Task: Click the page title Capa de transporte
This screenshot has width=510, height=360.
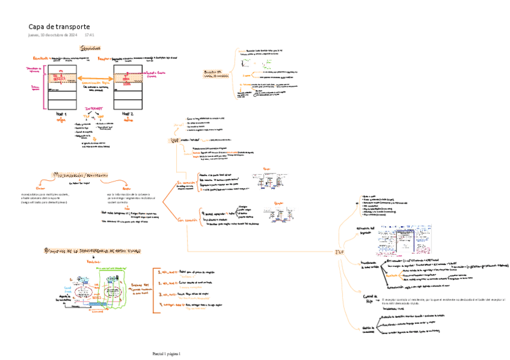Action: pyautogui.click(x=60, y=26)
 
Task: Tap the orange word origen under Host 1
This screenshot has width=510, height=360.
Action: pyautogui.click(x=61, y=120)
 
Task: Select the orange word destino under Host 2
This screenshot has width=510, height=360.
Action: pyautogui.click(x=127, y=120)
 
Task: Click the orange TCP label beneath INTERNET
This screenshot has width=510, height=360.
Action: pyautogui.click(x=85, y=115)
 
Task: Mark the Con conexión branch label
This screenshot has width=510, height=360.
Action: pyautogui.click(x=186, y=220)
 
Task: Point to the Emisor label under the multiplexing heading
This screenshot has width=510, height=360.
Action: pyautogui.click(x=41, y=188)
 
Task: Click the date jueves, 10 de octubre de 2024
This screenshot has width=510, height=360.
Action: pyautogui.click(x=52, y=35)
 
